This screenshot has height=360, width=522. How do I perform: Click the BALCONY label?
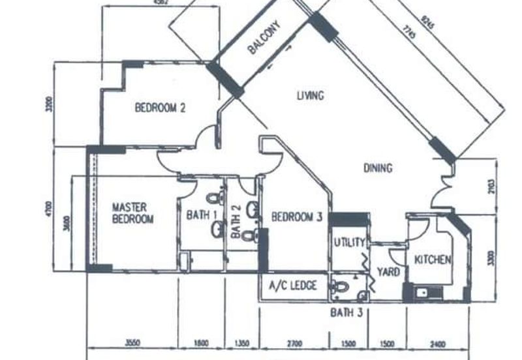264,40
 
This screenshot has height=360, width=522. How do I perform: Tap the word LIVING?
310,97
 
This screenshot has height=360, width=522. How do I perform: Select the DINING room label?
378,168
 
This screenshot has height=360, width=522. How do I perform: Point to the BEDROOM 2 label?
160,108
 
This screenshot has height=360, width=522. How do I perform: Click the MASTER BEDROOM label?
132,213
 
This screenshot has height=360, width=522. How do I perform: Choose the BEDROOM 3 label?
297,217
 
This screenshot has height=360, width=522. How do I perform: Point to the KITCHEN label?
433,260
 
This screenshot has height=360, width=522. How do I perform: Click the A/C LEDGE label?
294,286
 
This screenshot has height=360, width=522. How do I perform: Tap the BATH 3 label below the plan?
346,312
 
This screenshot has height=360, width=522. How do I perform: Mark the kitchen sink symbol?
423,292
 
